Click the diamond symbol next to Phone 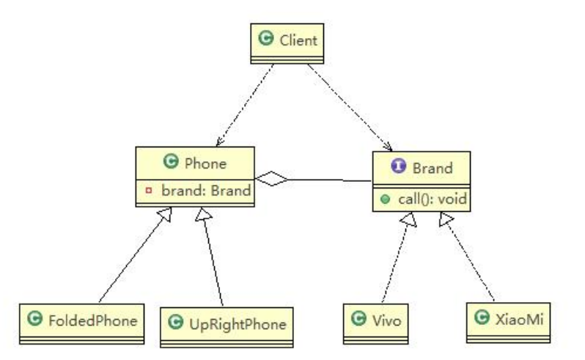[271, 177]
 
